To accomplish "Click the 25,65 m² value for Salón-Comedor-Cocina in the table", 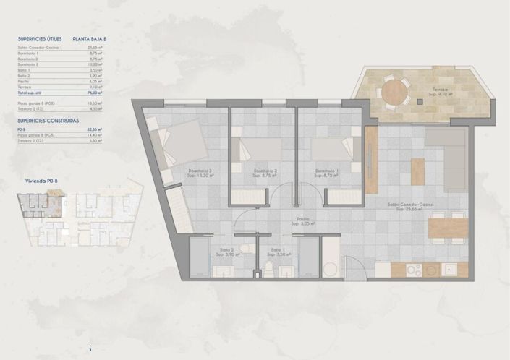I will [95, 48].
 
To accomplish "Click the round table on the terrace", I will [395, 92].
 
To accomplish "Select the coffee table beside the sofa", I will [418, 171].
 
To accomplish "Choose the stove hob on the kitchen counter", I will [413, 270].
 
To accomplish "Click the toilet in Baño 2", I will [245, 249].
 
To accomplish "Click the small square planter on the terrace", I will [418, 101].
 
